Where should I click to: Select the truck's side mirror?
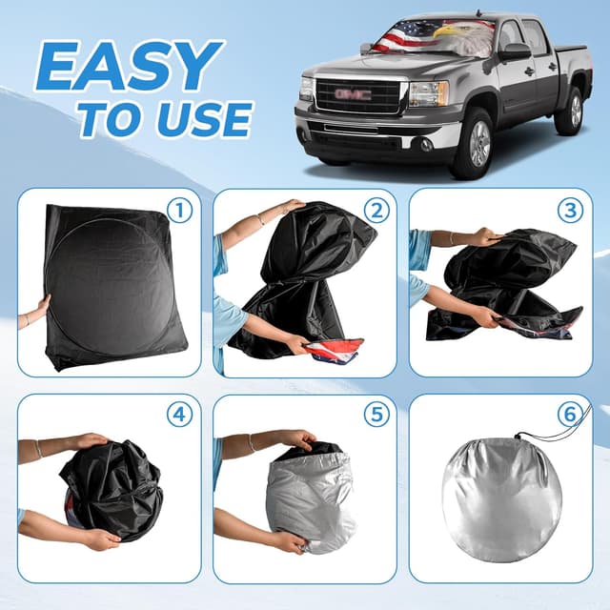pyautogui.click(x=515, y=51)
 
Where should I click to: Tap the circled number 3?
pyautogui.click(x=569, y=210)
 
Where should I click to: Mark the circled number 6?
pyautogui.click(x=569, y=417)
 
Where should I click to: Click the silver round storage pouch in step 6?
pyautogui.click(x=500, y=499)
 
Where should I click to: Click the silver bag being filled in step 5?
pyautogui.click(x=310, y=500)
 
